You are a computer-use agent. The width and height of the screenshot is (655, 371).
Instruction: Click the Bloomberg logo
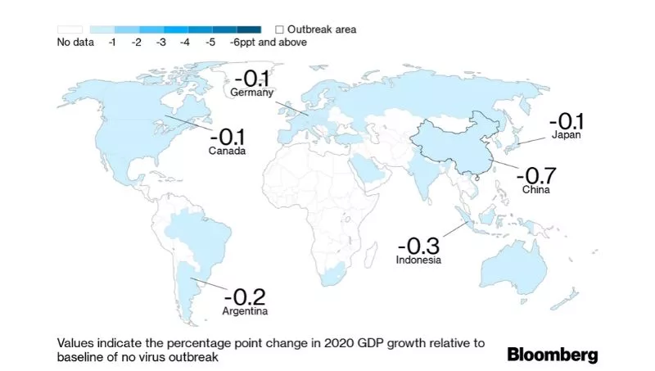click(x=552, y=355)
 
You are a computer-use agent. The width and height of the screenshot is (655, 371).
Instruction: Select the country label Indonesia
click(x=419, y=260)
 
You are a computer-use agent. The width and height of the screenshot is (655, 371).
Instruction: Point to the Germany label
click(x=251, y=93)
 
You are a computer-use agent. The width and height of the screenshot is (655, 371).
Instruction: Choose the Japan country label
click(x=566, y=135)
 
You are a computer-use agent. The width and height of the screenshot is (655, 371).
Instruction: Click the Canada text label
click(x=227, y=152)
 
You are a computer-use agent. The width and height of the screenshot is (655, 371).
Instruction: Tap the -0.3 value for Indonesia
click(x=419, y=245)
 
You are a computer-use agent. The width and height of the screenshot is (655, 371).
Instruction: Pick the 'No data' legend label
click(x=75, y=42)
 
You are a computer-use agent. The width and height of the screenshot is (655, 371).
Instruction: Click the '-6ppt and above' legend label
click(x=269, y=42)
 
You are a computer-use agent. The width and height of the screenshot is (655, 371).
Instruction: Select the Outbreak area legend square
click(x=279, y=29)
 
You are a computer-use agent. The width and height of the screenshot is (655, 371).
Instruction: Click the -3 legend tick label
click(x=160, y=42)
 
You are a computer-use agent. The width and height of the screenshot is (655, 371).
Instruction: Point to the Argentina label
click(x=246, y=312)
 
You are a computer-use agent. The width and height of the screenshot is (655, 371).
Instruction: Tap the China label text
click(x=536, y=190)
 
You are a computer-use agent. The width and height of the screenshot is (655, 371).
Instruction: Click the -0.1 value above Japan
click(x=566, y=120)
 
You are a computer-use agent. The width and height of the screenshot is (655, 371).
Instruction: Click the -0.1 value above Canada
click(x=227, y=137)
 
